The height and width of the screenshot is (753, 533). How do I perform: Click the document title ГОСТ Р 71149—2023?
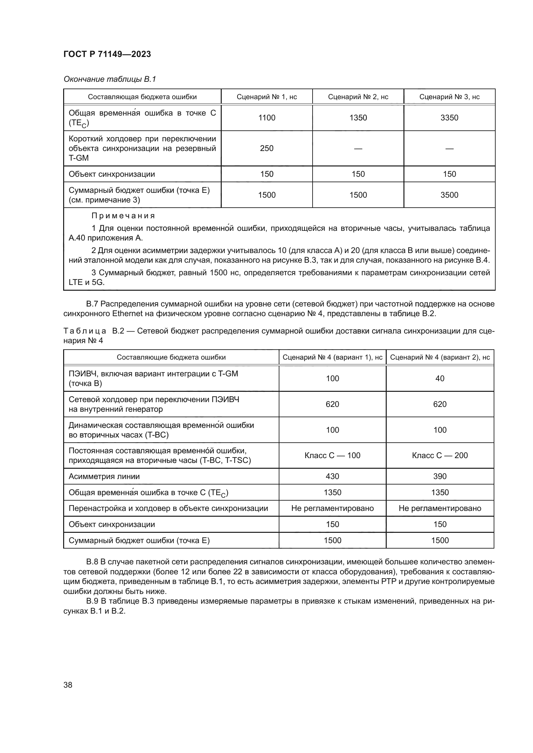point(107,54)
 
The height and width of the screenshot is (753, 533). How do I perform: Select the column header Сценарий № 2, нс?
point(358,97)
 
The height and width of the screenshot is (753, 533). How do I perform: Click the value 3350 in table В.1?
point(449,118)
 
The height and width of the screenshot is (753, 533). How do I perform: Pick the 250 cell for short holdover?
point(266,148)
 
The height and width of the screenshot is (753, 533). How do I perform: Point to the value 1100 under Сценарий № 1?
point(266,118)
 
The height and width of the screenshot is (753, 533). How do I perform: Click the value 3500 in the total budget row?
point(449,195)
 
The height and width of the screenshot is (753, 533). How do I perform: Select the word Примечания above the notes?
point(123,216)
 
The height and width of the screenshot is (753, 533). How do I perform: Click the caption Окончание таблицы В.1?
point(110,79)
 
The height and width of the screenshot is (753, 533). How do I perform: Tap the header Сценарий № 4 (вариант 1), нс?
point(332,357)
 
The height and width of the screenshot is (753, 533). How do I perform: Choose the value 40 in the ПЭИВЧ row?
point(440,379)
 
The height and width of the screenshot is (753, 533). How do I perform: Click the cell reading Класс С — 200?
point(440,455)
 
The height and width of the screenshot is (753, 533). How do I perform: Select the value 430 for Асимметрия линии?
point(332,476)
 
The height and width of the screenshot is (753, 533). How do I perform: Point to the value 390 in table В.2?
point(440,476)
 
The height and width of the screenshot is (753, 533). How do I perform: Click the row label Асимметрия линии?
point(104,476)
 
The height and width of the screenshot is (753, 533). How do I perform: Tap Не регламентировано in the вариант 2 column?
point(440,508)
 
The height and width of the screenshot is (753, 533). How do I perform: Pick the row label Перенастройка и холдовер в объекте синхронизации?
point(168,508)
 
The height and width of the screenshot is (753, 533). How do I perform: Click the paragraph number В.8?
point(92,562)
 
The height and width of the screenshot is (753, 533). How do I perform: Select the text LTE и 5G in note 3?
point(86,282)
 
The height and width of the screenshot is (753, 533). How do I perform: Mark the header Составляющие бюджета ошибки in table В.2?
point(171,357)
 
